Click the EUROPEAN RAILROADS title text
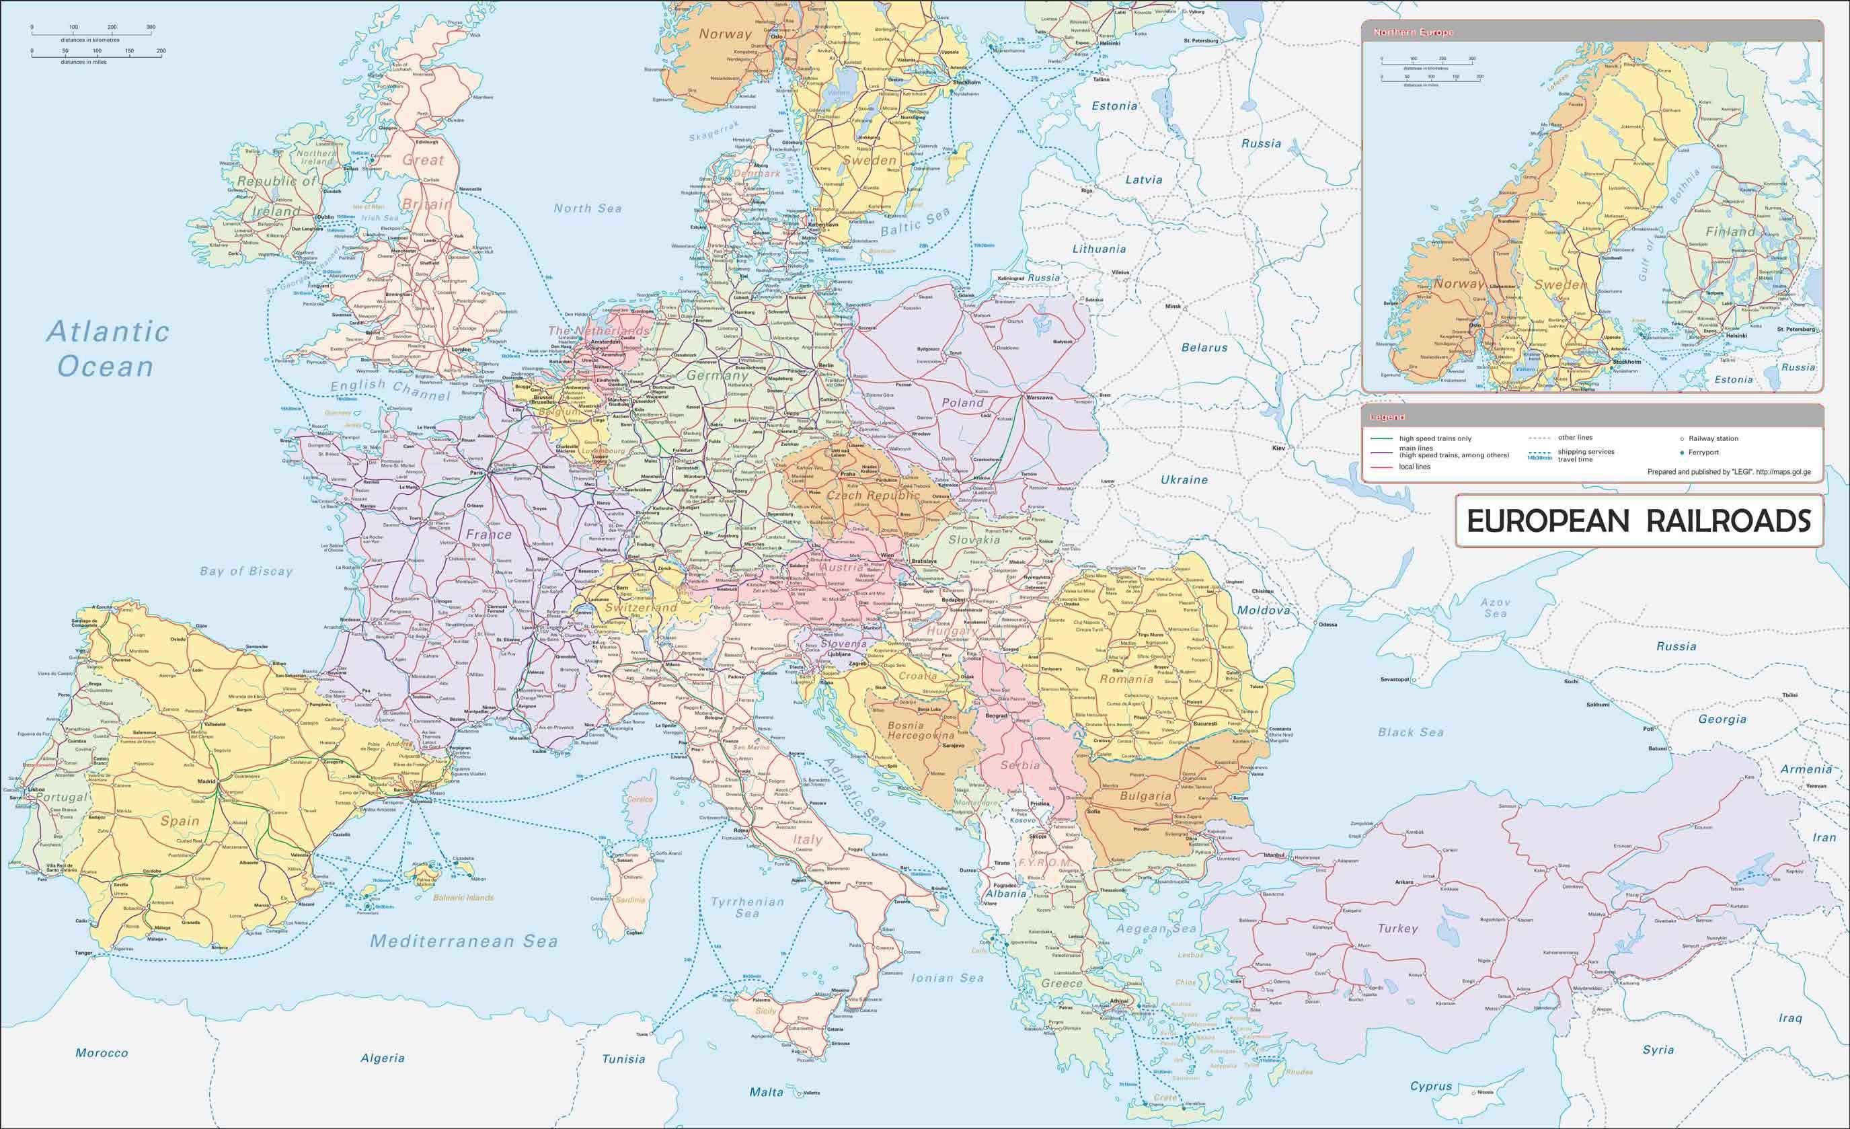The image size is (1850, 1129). [1639, 521]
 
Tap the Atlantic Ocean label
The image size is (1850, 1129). [108, 349]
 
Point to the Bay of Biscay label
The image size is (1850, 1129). [246, 572]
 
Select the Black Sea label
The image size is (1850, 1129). [1411, 732]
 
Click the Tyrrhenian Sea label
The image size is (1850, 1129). [747, 908]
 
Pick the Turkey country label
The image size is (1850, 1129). [1397, 929]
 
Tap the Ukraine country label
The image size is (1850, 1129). [1184, 479]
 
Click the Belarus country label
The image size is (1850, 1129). [1204, 348]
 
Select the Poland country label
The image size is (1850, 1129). [962, 402]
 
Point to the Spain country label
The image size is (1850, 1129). [180, 820]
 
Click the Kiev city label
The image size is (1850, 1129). [1278, 448]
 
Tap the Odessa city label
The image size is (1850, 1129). [1327, 625]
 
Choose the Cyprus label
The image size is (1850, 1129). [1430, 1086]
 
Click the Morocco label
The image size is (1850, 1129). [102, 1053]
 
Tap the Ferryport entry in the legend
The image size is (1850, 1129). [1703, 453]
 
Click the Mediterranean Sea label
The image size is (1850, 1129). [464, 941]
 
